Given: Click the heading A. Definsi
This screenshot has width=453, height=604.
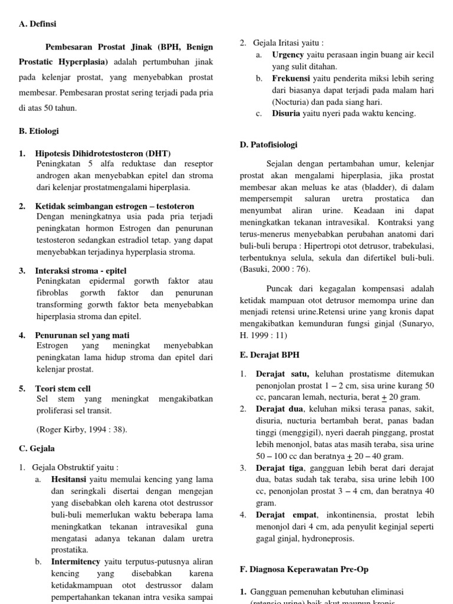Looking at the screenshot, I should coord(38,24).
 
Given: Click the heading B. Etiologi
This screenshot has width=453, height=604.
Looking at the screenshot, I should coord(39,131).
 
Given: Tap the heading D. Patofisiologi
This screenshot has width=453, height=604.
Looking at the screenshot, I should coord(268,145).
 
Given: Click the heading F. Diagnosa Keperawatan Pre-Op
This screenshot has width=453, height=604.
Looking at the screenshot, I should coord(303,569).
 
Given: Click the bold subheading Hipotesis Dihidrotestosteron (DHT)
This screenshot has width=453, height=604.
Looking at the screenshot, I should coord(99,153).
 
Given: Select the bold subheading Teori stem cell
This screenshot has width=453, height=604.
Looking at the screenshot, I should coord(63,389).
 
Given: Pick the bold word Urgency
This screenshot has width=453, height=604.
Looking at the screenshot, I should coord(288,55).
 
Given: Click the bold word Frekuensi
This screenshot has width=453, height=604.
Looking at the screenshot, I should coord(291,78).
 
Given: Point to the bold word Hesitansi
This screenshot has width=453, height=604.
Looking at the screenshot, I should coord(70,480).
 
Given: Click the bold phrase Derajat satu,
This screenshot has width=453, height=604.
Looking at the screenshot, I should coord(284,374).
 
